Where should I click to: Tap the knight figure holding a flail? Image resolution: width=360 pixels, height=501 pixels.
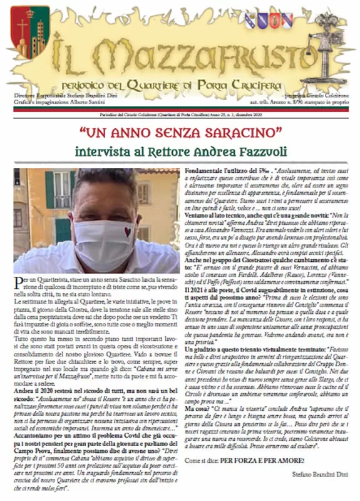click(x=327, y=47)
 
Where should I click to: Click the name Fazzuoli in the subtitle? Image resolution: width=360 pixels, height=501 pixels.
click(x=261, y=152)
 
